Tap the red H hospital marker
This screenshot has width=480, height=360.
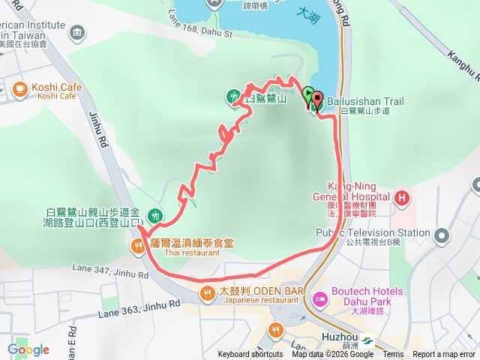[x=402, y=198]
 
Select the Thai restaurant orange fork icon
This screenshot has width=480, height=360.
[x=138, y=245]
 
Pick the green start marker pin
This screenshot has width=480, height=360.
[x=308, y=95]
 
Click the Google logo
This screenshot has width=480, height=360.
[x=28, y=349]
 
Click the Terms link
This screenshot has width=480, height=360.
[x=393, y=355]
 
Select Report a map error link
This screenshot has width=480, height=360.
[x=445, y=355]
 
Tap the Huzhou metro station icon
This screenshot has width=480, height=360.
[x=367, y=340]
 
